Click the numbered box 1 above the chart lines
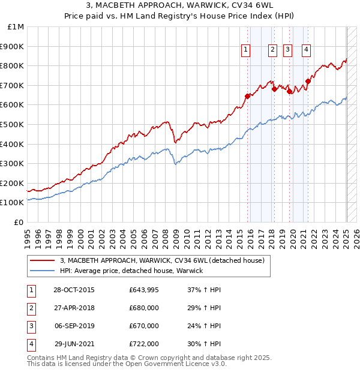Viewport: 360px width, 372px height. [x=246, y=50]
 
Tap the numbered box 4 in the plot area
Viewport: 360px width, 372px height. [x=306, y=50]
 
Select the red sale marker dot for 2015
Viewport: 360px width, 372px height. [x=247, y=96]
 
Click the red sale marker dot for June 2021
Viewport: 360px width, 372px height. [x=308, y=81]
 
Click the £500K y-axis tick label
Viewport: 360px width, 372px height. [x=13, y=125]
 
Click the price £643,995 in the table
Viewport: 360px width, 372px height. [x=143, y=290]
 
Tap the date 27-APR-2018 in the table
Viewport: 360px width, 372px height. [x=74, y=308]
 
